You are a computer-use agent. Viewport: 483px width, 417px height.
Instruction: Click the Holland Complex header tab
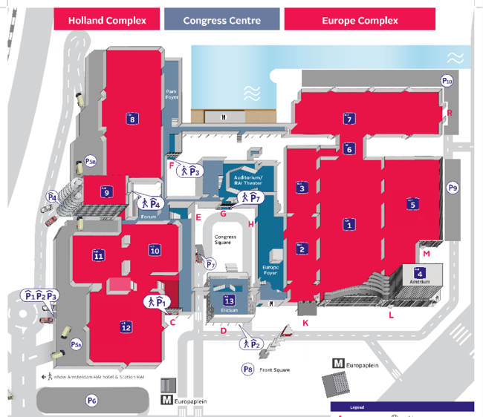point(107,20)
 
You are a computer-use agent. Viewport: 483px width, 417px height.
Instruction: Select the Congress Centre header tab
point(221,20)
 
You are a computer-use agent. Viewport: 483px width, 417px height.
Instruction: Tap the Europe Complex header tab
point(360,20)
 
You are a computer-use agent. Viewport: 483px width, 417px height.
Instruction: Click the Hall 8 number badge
point(132,119)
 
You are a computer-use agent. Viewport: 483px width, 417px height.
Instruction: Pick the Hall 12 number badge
point(126,326)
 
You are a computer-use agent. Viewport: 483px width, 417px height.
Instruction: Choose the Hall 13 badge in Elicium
point(230,300)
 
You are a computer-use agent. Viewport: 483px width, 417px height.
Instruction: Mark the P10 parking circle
point(447,80)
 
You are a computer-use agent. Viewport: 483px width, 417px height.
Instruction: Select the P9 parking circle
point(453,188)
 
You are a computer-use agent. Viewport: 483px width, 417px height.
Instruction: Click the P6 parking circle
point(91,401)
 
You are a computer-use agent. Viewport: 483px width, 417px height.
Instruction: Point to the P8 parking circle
point(248,369)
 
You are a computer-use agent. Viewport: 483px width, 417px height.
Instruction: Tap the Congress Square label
point(226,240)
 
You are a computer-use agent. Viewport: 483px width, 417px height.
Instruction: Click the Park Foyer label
point(172,93)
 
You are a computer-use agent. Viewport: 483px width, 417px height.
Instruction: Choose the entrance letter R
point(449,113)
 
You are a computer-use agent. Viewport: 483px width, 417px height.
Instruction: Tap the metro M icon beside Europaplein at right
point(338,364)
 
